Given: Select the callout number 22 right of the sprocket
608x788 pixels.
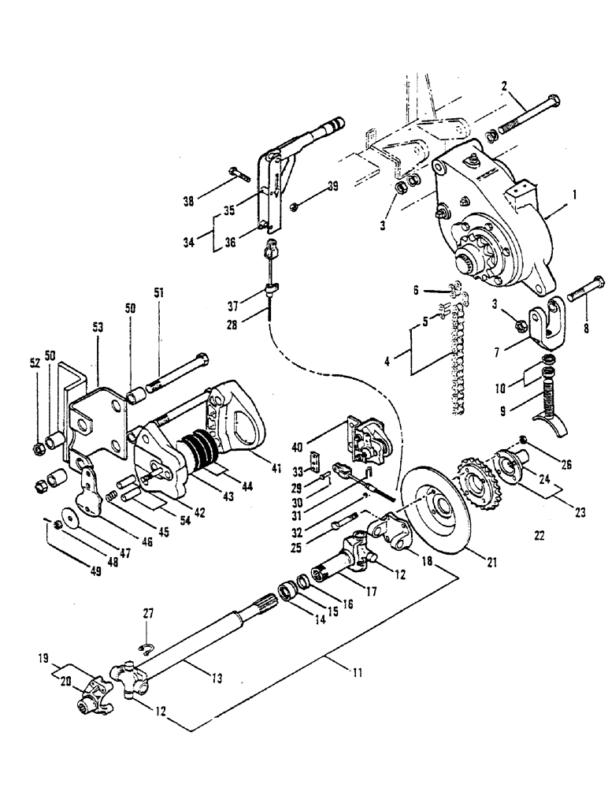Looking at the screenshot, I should [539, 537].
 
